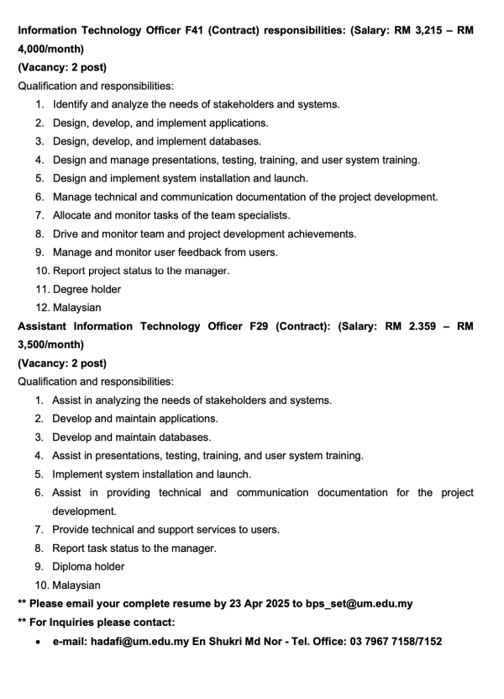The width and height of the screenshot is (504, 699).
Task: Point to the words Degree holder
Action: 87,289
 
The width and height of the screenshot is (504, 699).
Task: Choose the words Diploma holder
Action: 88,567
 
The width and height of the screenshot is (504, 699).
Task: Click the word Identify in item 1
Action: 72,104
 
